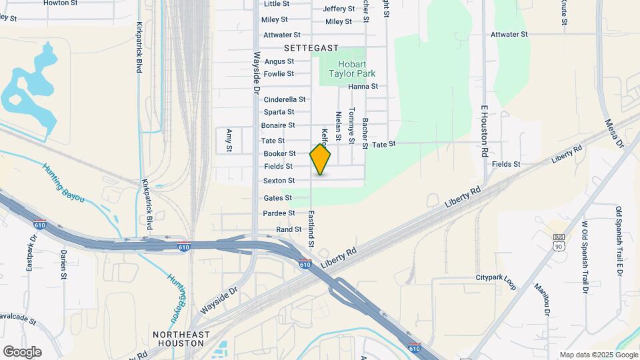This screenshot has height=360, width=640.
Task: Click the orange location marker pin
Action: (320, 159)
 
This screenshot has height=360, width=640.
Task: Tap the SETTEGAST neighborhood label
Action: (311, 48)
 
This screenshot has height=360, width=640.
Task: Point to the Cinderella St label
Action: (285, 99)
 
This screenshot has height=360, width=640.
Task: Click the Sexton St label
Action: (279, 181)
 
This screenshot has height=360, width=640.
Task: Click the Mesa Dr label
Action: (613, 133)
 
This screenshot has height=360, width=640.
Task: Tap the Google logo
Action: (22, 351)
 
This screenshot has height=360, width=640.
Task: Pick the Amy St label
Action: (229, 140)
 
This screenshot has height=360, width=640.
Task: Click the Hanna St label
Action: (363, 86)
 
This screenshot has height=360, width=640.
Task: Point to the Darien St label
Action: (64, 264)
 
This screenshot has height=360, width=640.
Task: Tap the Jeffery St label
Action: (339, 9)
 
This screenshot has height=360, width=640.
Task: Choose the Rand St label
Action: (289, 229)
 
